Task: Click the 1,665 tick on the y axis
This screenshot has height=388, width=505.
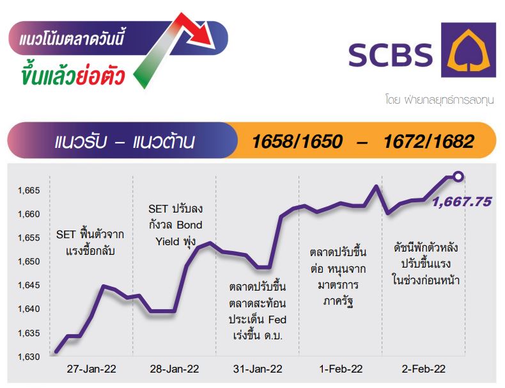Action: point(29,190)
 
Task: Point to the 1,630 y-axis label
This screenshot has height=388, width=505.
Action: point(29,357)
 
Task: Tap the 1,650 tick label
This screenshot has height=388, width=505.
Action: point(29,262)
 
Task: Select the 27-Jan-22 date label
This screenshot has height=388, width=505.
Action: point(91,369)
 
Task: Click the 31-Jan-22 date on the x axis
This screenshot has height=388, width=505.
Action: point(258,369)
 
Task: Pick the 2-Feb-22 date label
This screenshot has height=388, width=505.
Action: point(424,369)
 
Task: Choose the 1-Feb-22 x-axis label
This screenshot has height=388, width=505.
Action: point(341,369)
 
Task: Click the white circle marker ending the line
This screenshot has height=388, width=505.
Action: point(458,177)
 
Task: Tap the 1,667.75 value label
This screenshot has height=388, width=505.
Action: point(462,202)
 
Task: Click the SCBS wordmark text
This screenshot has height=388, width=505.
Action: point(391,55)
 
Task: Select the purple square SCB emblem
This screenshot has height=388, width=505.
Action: point(469,50)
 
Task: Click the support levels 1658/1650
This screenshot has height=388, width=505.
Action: point(297,141)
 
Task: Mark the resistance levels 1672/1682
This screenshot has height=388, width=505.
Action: point(429,141)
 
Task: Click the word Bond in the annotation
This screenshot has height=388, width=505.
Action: point(189,225)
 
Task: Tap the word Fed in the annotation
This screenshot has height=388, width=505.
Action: point(277,319)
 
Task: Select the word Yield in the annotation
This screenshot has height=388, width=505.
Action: point(167,241)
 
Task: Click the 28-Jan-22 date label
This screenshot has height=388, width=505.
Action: point(175,369)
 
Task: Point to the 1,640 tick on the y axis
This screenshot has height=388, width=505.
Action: point(29,309)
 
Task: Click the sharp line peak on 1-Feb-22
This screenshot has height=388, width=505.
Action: point(376,186)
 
